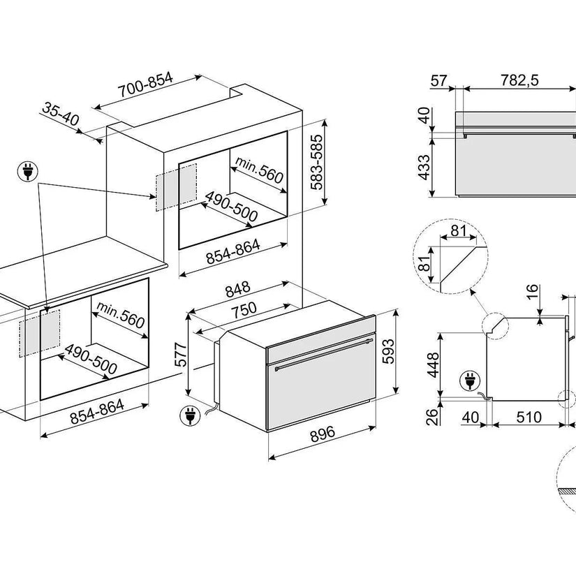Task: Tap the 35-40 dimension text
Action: [61, 114]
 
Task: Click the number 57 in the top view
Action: [438, 81]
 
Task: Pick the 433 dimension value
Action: [424, 168]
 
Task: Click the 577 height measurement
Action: [179, 356]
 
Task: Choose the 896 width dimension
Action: [322, 433]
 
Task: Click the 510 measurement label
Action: [529, 418]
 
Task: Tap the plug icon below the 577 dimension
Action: [187, 415]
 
